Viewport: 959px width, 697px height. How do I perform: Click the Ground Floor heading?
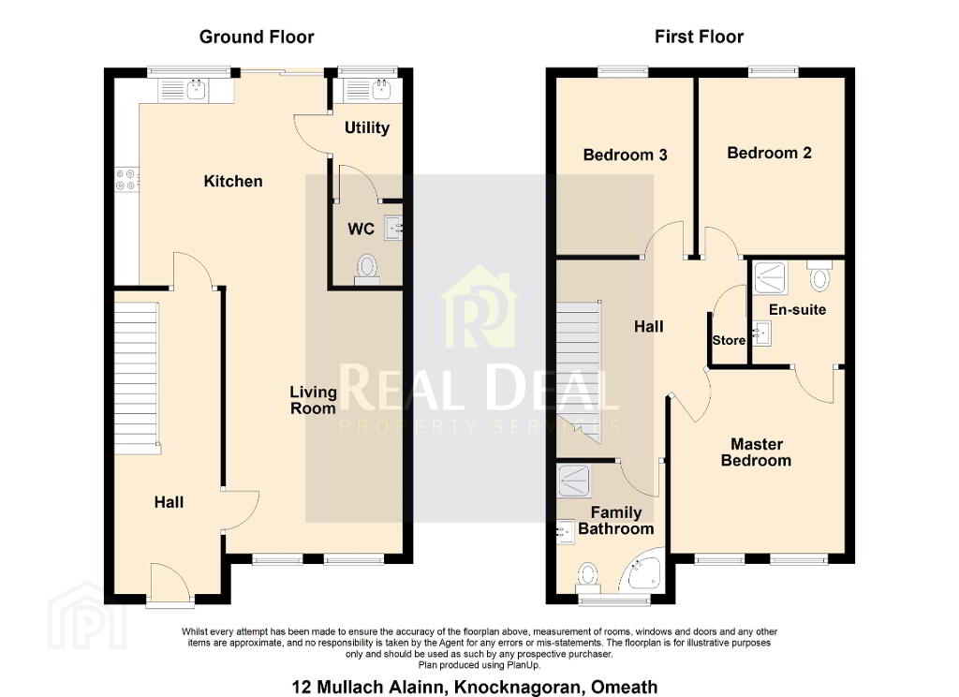click(x=257, y=37)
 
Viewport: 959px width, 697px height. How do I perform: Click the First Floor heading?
click(x=699, y=37)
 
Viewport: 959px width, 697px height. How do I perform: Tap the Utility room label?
click(x=367, y=128)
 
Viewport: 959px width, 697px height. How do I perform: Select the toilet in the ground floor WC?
click(x=367, y=270)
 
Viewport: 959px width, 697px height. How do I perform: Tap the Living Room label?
click(x=313, y=400)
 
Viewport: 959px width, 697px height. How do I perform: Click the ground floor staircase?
click(x=138, y=378)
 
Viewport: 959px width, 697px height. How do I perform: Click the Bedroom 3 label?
click(x=625, y=155)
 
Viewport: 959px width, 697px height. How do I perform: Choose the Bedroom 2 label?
click(x=770, y=153)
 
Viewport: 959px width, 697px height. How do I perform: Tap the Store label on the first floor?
click(x=729, y=340)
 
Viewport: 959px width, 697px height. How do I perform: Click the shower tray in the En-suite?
click(x=771, y=278)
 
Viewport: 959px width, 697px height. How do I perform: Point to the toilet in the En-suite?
click(x=819, y=275)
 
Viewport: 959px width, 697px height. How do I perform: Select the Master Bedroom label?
click(x=757, y=452)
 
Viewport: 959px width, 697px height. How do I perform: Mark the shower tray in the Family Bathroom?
click(x=574, y=481)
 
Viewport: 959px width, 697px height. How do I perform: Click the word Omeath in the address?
click(x=625, y=688)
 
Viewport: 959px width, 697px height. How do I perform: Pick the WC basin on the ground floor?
click(x=394, y=229)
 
